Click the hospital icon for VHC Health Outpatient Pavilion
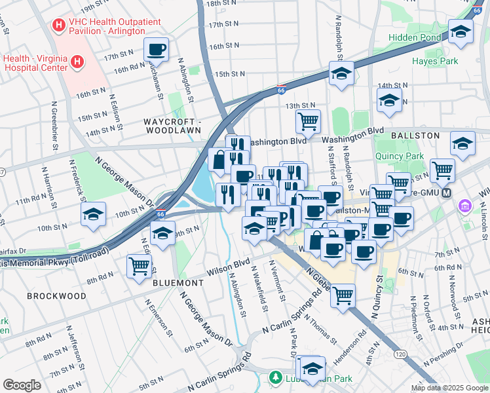coord(59,26)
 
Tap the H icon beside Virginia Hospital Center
coord(77,62)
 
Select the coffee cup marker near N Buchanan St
coord(157,49)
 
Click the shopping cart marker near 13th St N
coord(307,121)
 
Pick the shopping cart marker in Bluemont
coord(139,266)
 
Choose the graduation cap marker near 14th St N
coord(389,100)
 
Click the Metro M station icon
coord(447,193)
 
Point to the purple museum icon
coord(466,206)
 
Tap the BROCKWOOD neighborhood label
coord(56,296)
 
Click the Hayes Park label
coord(434,61)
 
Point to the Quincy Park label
coord(400,156)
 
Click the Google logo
coord(22,385)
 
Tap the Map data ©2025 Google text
coord(449,388)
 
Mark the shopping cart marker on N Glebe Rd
coord(343,296)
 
